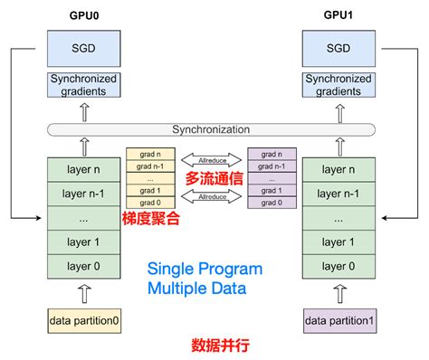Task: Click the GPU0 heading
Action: [x=84, y=15]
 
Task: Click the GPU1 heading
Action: [x=337, y=15]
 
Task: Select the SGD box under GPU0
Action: [x=83, y=48]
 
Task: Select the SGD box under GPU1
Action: [x=338, y=48]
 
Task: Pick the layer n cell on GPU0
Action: [x=83, y=170]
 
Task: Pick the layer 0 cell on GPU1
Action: [x=337, y=267]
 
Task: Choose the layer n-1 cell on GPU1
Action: [x=337, y=194]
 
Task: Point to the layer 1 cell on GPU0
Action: [x=83, y=242]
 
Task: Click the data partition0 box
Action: [x=83, y=320]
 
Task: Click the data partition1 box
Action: [x=337, y=320]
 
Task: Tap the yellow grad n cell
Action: [x=148, y=154]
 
